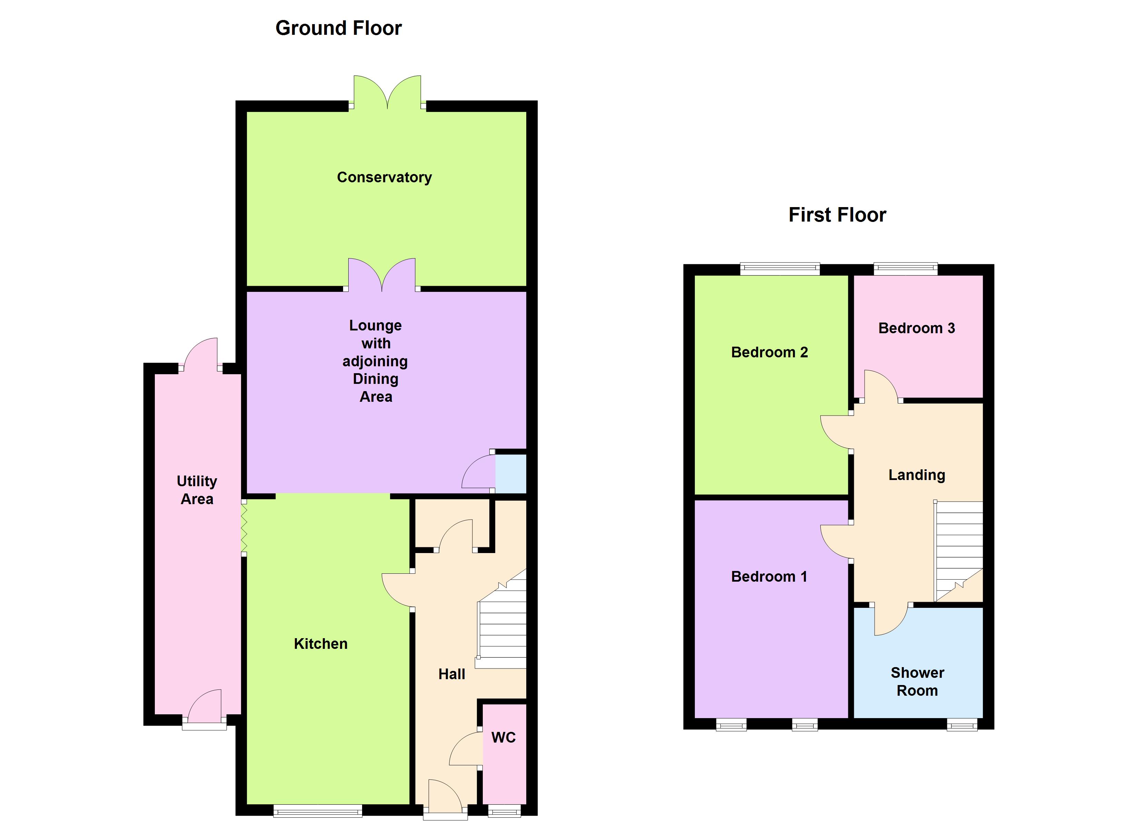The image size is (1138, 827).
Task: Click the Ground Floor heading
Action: tap(339, 28)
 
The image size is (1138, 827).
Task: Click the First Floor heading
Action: tap(837, 215)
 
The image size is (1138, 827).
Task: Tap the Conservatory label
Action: tap(385, 177)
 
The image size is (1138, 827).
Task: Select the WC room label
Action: tap(503, 737)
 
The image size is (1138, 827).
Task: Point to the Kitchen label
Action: tap(321, 643)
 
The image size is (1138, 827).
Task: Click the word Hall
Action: tap(452, 674)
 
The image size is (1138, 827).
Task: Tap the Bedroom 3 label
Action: tap(916, 328)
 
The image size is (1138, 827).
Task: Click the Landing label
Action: tap(917, 474)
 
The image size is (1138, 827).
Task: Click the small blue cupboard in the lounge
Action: tap(510, 473)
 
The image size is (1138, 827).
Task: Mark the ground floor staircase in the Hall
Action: tap(502, 627)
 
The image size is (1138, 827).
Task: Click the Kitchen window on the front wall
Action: tap(318, 810)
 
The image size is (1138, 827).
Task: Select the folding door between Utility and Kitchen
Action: tap(244, 528)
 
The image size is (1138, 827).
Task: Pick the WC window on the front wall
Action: tap(504, 810)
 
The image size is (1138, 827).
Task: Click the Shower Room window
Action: tap(962, 725)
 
